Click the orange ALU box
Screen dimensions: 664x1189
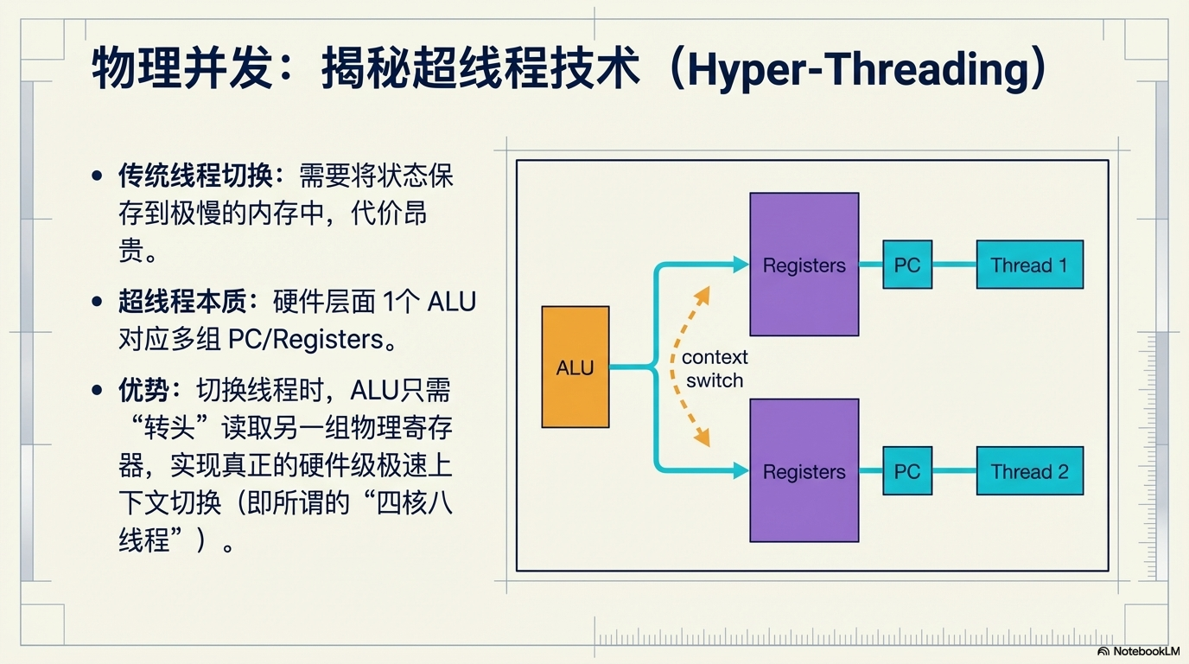pos(575,367)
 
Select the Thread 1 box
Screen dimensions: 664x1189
pos(1029,265)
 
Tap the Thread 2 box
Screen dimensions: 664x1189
pos(1029,471)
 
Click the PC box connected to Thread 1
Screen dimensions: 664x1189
pos(907,265)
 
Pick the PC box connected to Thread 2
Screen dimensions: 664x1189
pos(907,471)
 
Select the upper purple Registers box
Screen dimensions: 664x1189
pos(804,264)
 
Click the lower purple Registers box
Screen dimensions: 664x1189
pos(804,470)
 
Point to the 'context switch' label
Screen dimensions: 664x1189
pos(714,369)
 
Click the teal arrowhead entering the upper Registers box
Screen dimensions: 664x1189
pos(740,265)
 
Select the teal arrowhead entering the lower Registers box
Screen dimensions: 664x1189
pos(740,470)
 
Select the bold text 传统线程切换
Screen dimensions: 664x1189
pos(195,176)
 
